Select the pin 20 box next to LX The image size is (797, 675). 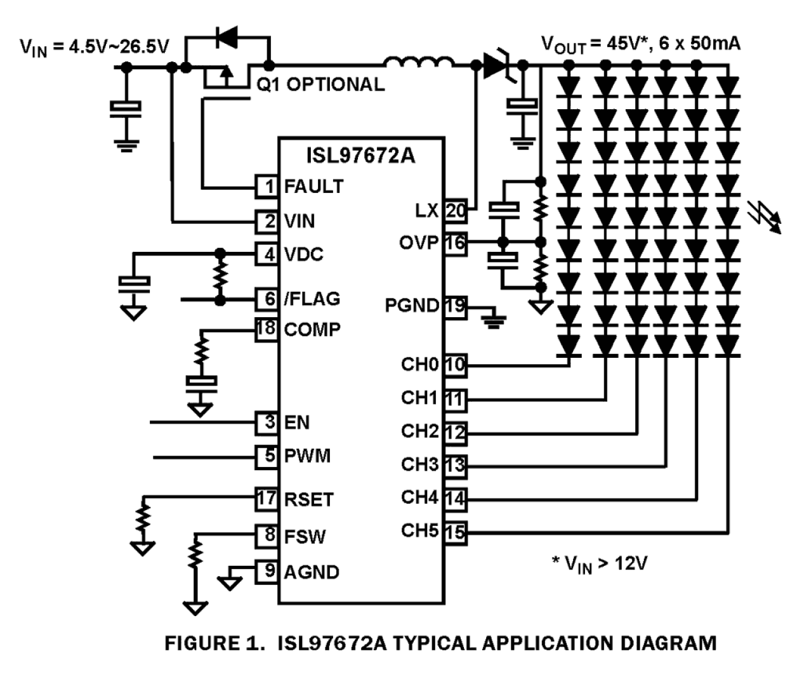click(455, 211)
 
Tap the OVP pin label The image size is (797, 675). click(418, 243)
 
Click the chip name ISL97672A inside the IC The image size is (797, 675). click(360, 155)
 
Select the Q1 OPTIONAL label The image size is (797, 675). click(320, 85)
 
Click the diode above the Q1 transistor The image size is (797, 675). click(227, 37)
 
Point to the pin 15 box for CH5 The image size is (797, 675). click(455, 532)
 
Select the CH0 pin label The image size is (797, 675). click(419, 365)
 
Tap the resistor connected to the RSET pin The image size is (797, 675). click(144, 518)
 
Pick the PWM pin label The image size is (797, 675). click(307, 456)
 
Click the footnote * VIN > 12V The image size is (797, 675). click(599, 563)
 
